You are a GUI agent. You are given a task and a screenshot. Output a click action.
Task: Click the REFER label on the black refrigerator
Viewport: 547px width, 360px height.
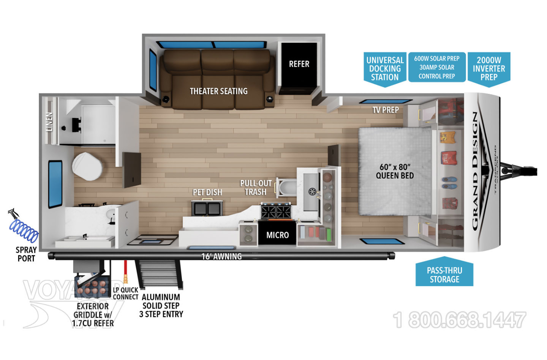click(299, 64)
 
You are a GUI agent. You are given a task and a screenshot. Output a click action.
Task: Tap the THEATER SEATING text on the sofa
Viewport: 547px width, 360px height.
click(218, 91)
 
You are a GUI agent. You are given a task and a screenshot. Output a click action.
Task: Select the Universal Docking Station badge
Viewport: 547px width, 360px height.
click(385, 69)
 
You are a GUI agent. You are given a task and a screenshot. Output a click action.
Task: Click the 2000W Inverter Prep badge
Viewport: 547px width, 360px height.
click(489, 68)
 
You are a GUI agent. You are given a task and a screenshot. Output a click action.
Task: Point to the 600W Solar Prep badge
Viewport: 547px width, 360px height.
click(436, 67)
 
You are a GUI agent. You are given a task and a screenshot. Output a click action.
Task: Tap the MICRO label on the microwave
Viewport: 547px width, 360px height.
click(277, 235)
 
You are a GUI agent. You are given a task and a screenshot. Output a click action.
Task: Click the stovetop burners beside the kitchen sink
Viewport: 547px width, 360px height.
click(276, 211)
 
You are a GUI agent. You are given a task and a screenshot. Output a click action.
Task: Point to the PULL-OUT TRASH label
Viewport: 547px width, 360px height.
click(256, 188)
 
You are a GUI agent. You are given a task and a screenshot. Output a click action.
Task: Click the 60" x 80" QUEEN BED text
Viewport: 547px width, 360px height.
click(395, 171)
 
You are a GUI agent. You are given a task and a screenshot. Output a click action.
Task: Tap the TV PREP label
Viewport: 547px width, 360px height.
click(385, 110)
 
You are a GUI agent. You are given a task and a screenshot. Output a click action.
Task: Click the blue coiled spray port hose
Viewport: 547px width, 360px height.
click(24, 229)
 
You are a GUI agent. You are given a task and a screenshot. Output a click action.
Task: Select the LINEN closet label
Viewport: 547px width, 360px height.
click(49, 122)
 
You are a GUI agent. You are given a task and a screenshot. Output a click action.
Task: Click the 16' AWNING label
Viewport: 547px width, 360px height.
click(221, 256)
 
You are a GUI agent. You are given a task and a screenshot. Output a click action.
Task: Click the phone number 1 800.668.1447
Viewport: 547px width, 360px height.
click(459, 320)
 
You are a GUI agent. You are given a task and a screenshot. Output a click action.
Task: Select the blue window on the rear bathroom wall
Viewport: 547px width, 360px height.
click(55, 184)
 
